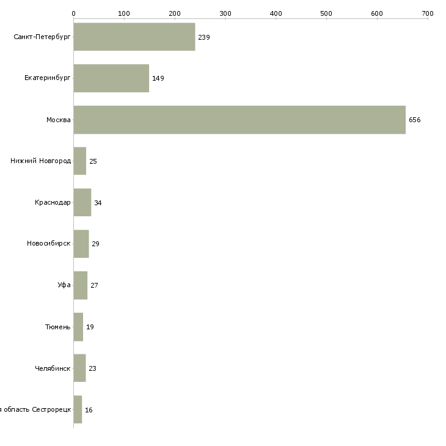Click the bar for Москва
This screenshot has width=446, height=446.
(x=239, y=120)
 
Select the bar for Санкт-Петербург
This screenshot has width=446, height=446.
(x=134, y=37)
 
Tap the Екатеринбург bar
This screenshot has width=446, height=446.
(x=111, y=78)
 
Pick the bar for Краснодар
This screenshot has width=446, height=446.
(x=82, y=202)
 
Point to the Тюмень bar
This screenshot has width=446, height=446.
(x=78, y=327)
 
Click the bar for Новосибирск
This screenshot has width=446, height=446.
(x=81, y=244)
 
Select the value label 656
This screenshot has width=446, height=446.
(x=415, y=120)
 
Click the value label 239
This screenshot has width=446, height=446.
(x=204, y=37)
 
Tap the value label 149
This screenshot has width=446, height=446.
(x=158, y=78)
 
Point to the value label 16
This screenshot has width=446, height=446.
(x=89, y=410)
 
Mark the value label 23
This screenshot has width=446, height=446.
(x=93, y=368)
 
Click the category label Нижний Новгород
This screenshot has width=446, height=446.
(x=40, y=161)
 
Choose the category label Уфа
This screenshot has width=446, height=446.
(x=64, y=285)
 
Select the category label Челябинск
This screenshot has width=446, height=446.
(x=53, y=368)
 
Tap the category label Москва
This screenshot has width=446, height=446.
(x=59, y=120)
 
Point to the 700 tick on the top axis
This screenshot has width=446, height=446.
(x=428, y=13)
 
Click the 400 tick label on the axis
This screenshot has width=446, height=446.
(x=276, y=13)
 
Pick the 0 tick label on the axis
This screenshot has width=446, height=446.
(x=73, y=13)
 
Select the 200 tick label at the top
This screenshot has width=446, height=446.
(x=175, y=13)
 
